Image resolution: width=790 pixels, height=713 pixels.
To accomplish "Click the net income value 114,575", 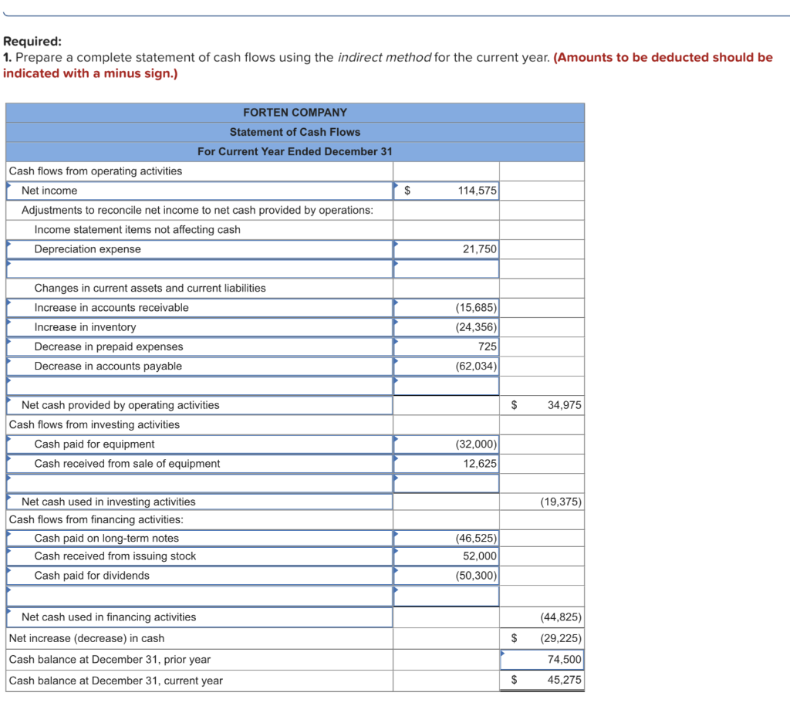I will pyautogui.click(x=477, y=191).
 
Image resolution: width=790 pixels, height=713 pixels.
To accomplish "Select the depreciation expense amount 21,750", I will pyautogui.click(x=480, y=249).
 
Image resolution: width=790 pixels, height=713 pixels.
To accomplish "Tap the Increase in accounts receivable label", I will pyautogui.click(x=111, y=308).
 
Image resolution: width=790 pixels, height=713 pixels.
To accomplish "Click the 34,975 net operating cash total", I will pyautogui.click(x=564, y=405).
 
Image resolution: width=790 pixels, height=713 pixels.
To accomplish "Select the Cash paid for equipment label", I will pyautogui.click(x=94, y=444).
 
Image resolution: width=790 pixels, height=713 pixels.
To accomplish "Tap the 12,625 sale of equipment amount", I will pyautogui.click(x=480, y=464).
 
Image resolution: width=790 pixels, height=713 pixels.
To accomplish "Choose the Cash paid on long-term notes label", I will pyautogui.click(x=106, y=539).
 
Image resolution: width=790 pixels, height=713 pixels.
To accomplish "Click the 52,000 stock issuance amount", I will pyautogui.click(x=480, y=556).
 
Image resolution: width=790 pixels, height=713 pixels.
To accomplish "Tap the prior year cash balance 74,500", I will pyautogui.click(x=565, y=660).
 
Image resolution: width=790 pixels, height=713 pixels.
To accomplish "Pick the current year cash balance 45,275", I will pyautogui.click(x=565, y=681).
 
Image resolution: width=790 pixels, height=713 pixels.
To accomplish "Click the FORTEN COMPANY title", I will pyautogui.click(x=295, y=113).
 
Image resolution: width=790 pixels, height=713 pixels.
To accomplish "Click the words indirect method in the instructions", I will pyautogui.click(x=384, y=58).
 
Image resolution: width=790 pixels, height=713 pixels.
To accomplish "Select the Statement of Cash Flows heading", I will pyautogui.click(x=295, y=132).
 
